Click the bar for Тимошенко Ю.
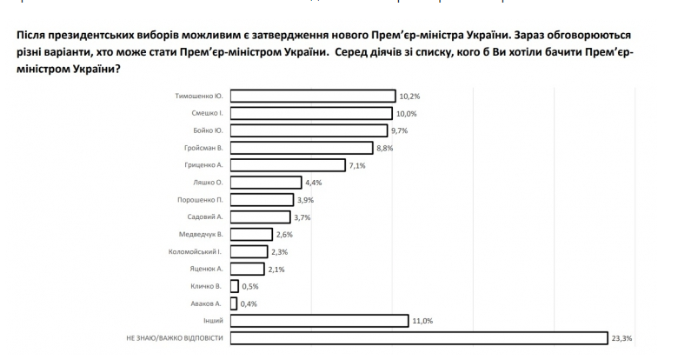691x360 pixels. point(313,96)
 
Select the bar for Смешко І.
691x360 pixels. point(312,113)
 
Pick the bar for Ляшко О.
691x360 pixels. point(266,183)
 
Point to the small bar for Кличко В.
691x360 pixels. point(235,286)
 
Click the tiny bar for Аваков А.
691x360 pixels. point(234,303)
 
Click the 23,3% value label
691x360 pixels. point(622,338)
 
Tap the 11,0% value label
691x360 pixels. point(422,321)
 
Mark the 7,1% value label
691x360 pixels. point(355,165)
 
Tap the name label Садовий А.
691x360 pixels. point(205,217)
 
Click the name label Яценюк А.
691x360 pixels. point(207,269)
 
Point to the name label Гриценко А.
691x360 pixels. point(203,165)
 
